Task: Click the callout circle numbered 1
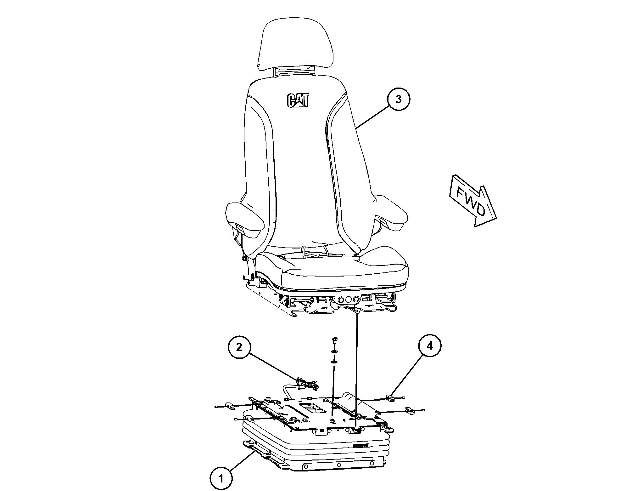click(x=221, y=479)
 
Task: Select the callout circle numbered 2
click(x=239, y=347)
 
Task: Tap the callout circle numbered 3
click(x=399, y=99)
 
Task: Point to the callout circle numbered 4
click(x=430, y=346)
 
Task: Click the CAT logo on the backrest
click(x=298, y=100)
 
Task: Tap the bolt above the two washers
click(x=334, y=341)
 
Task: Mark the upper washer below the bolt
click(x=334, y=351)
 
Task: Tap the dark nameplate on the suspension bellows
click(x=360, y=446)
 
